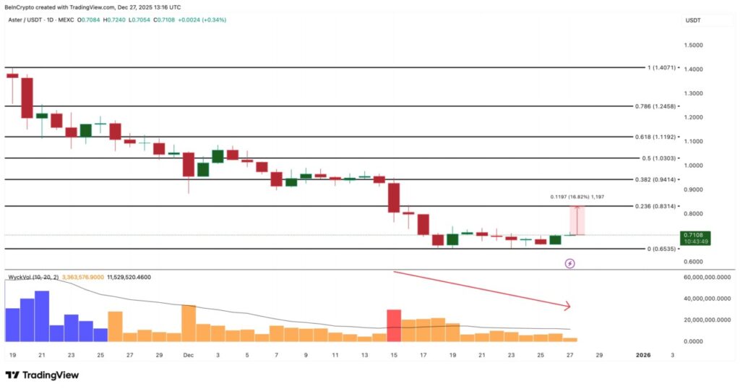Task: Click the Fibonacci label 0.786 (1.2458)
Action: [665, 106]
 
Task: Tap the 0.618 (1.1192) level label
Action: [665, 136]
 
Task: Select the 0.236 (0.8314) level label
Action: [665, 206]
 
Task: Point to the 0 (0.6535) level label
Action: [661, 249]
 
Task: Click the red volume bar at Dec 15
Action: [394, 325]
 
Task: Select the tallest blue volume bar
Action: [42, 316]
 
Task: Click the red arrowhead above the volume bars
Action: [567, 306]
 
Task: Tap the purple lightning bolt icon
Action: [569, 264]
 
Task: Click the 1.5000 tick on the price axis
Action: [694, 45]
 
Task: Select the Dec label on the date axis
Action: [188, 356]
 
